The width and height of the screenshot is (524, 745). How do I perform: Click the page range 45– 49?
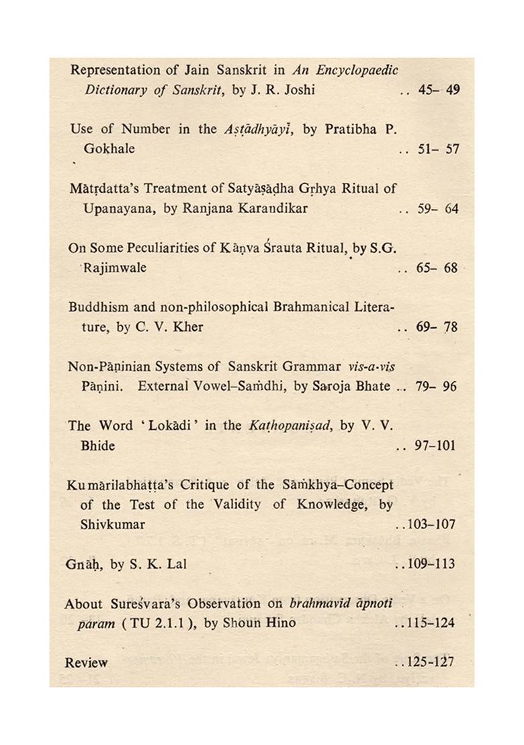[438, 90]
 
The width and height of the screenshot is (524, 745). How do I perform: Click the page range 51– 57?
[437, 149]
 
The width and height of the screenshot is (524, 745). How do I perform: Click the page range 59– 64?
[437, 208]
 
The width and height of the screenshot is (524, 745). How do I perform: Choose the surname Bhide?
[99, 445]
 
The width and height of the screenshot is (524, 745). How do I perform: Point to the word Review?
[86, 662]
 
